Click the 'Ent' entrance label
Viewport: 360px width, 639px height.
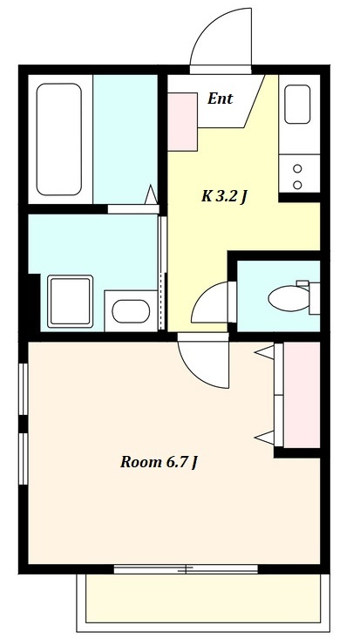click(x=220, y=99)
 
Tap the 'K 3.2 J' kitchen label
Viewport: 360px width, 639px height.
click(x=225, y=197)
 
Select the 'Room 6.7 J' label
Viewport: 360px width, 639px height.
click(x=159, y=462)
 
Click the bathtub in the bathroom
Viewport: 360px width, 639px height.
click(x=59, y=139)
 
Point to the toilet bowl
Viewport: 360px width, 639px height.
click(x=289, y=298)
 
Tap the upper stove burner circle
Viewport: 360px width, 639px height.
click(x=297, y=168)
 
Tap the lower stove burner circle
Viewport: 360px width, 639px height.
click(x=297, y=185)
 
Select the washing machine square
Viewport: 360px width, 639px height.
click(x=70, y=301)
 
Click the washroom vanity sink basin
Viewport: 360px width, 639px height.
click(x=131, y=311)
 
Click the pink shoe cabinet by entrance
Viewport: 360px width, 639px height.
click(x=183, y=122)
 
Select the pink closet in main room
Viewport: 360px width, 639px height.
click(x=302, y=395)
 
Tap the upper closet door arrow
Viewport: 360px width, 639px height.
click(x=265, y=352)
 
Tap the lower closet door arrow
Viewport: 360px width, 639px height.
click(x=265, y=438)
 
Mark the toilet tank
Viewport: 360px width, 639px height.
click(x=314, y=297)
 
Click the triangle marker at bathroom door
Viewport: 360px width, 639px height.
click(x=152, y=194)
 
